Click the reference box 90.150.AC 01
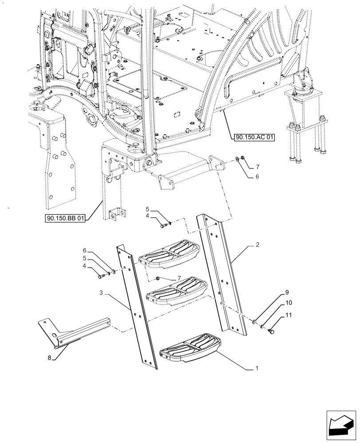(x=253, y=137)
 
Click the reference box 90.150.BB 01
(x=66, y=218)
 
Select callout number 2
(x=258, y=244)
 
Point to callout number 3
(x=102, y=293)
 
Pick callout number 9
(x=287, y=293)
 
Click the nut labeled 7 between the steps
(x=157, y=278)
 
